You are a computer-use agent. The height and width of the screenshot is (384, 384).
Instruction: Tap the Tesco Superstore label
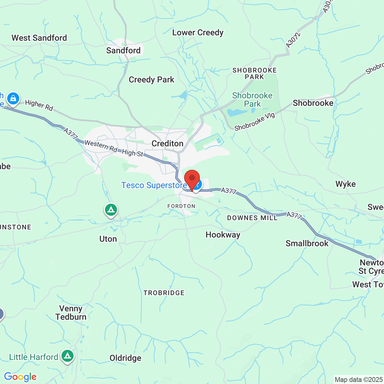pos(154,185)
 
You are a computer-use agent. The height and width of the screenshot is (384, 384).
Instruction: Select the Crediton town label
pos(167,144)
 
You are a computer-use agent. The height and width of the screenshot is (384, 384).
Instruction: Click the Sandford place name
pos(123,50)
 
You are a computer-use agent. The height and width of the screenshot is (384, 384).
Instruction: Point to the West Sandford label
pos(39,38)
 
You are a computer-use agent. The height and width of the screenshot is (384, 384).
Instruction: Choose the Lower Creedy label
pos(198,33)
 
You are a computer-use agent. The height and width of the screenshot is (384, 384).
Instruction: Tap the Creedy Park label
pos(151,80)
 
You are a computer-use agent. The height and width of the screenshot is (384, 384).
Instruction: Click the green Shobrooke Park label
pos(252,100)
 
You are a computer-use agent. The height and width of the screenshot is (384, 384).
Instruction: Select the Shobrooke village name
pos(313,103)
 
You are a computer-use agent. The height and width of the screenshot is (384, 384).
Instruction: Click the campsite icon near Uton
pos(111,210)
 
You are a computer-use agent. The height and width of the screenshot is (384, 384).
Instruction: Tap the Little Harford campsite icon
pos(67,356)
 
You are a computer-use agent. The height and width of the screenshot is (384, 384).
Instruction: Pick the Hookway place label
pos(223,235)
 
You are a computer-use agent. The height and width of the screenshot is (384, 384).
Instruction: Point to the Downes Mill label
pos(252,218)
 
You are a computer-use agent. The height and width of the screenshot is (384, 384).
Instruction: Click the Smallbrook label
pos(307,243)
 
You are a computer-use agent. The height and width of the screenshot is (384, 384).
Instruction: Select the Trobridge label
pos(164,293)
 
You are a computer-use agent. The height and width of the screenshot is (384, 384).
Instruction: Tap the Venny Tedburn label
pos(71,313)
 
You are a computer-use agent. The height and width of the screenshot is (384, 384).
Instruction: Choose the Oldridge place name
pos(125,358)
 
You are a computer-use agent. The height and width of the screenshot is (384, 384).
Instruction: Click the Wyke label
pos(346,184)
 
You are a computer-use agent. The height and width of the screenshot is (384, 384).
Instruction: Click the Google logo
pos(20,377)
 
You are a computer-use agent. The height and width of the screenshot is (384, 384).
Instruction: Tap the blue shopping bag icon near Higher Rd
pos(13,98)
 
